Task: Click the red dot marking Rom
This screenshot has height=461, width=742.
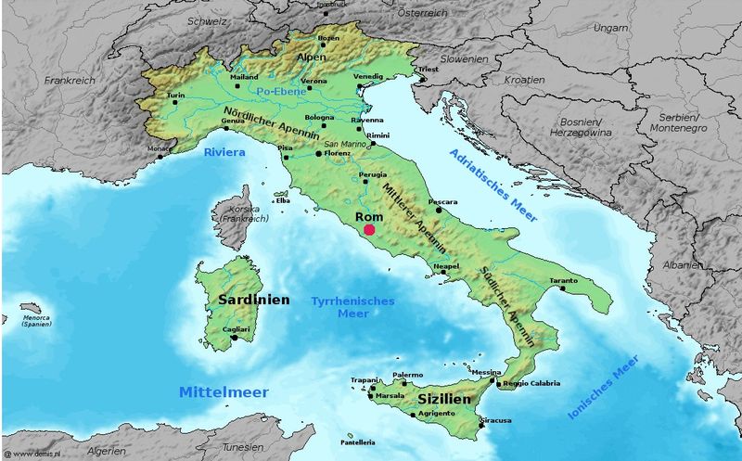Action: [x=369, y=229]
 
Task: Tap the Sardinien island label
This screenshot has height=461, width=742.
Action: [x=253, y=301]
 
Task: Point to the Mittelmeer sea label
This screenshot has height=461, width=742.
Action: [x=224, y=392]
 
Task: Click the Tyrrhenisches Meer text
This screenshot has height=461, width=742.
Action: [x=352, y=307]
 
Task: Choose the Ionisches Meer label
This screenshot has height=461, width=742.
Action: [x=603, y=388]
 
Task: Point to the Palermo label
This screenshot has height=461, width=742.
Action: [x=407, y=375]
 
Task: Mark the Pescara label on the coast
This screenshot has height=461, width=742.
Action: [x=442, y=201]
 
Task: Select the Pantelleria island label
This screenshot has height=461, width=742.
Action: [x=357, y=442]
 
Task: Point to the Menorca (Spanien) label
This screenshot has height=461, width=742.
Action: [x=36, y=322]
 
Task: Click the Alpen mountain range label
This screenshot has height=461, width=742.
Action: [x=313, y=56]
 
